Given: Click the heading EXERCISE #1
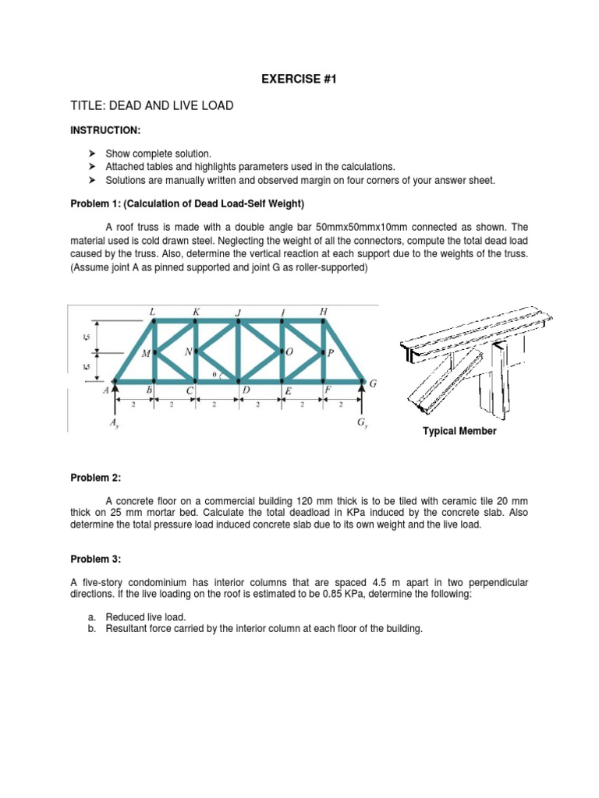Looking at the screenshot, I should (x=299, y=79).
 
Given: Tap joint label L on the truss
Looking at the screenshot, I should (x=153, y=312).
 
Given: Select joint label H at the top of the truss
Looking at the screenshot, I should (x=324, y=312).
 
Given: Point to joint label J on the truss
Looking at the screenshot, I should (x=238, y=313).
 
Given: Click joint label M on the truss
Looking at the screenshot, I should (x=145, y=354).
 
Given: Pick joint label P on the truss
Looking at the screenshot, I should (x=331, y=353).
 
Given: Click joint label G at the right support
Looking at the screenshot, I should (x=373, y=383).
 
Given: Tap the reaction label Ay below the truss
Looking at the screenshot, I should (x=115, y=425).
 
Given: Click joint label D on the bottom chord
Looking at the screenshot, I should (x=246, y=390).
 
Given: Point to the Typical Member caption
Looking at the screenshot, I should (x=459, y=431).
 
